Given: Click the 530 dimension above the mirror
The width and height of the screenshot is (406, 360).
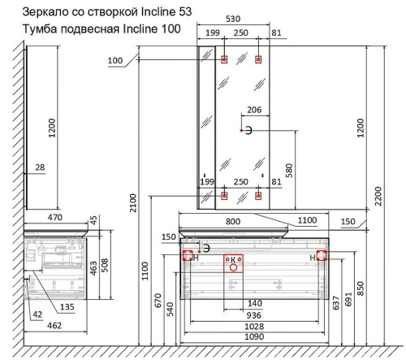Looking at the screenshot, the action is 233,19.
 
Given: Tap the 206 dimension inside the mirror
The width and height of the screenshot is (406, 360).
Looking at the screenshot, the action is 254,110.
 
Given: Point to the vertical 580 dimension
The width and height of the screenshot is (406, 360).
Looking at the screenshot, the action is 289,171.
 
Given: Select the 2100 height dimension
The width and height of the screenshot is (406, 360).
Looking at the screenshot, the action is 133,203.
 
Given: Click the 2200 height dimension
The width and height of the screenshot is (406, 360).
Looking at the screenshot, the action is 378,196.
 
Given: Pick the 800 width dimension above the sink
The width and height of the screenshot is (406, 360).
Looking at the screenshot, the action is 233,221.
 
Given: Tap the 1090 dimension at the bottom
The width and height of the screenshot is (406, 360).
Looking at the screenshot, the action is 254,336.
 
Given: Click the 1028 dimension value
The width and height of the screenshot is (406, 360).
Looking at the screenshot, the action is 254,327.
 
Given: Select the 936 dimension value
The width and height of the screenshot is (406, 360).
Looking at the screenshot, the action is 253,315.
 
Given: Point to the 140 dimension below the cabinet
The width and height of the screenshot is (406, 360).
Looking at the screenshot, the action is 255,303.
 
